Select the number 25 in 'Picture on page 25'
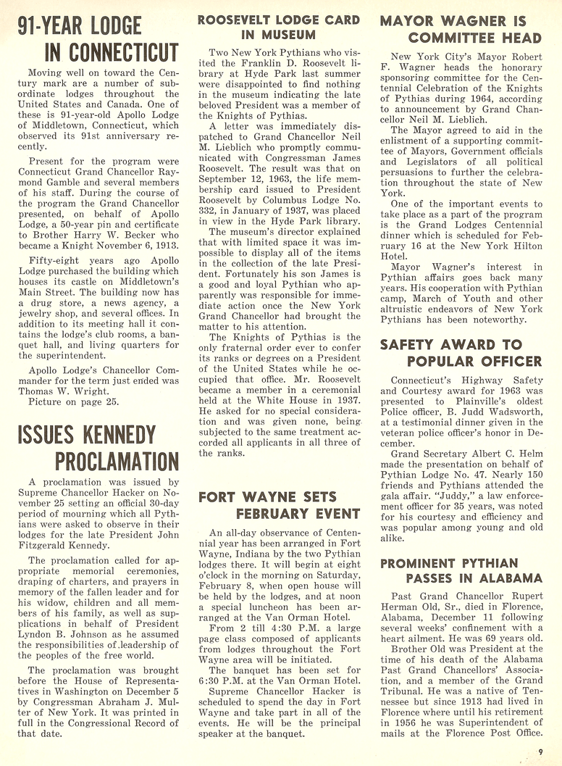point(115,401)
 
